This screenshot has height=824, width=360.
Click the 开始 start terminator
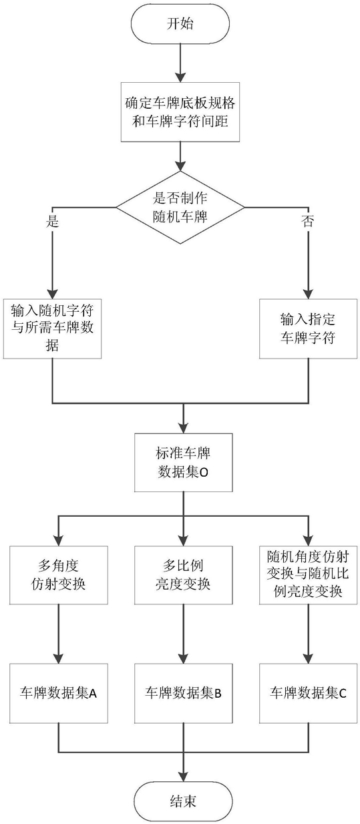point(180,23)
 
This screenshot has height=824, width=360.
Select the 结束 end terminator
point(183,801)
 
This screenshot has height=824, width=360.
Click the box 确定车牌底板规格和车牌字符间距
point(180,112)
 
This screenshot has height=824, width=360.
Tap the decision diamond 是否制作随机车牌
point(180,208)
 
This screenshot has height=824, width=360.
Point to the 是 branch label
point(52,221)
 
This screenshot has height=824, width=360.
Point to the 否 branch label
point(308,221)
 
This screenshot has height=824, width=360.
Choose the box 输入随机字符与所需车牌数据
point(52,329)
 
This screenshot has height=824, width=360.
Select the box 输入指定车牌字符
point(308,329)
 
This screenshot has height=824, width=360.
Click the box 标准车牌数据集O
point(183,462)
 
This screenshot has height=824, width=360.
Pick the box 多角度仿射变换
point(59,575)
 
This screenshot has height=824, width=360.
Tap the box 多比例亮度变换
point(183,575)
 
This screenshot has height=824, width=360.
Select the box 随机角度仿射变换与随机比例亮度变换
point(308,575)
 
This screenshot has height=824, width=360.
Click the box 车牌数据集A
point(59,693)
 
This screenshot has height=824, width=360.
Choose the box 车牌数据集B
point(183,693)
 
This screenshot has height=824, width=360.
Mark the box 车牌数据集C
point(308,693)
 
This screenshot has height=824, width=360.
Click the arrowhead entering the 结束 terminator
point(183,776)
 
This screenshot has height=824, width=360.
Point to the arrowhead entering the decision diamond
point(180,166)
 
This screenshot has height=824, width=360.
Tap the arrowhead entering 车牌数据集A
point(59,658)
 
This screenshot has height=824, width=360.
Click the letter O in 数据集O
point(204,473)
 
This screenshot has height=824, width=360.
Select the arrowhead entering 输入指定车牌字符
point(308,293)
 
